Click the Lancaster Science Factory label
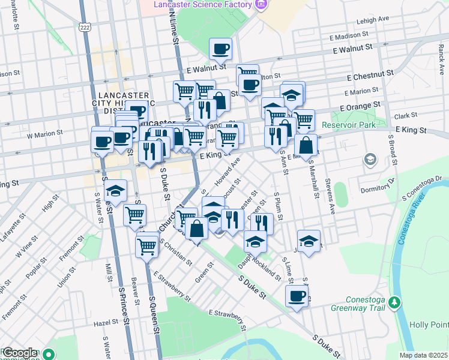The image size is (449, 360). (x=202, y=5)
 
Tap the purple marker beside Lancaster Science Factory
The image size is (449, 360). (x=260, y=5)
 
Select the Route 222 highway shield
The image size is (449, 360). (x=84, y=27)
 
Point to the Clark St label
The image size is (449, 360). (x=405, y=115)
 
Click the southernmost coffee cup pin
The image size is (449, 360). (x=297, y=296)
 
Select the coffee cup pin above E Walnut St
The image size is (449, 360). (x=220, y=49)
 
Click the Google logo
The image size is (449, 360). (x=19, y=353)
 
